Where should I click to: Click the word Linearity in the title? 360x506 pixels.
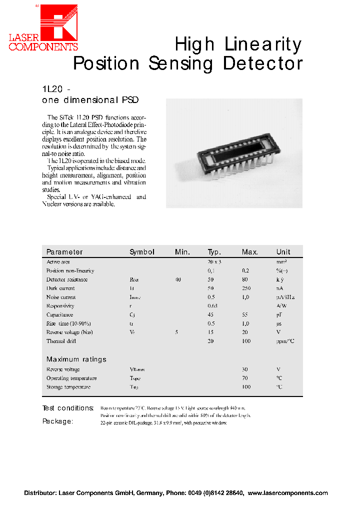pyautogui.click(x=262, y=45)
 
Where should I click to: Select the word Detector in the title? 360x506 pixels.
pyautogui.click(x=262, y=64)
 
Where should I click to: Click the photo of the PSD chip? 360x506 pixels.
pyautogui.click(x=234, y=153)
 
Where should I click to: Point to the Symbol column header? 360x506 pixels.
pyautogui.click(x=142, y=252)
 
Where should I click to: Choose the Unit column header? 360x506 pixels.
pyautogui.click(x=283, y=252)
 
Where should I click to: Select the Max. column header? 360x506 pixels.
pyautogui.click(x=249, y=252)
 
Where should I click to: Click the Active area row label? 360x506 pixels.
pyautogui.click(x=58, y=262)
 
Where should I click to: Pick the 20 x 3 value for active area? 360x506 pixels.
pyautogui.click(x=214, y=262)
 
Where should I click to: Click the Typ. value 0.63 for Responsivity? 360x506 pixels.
pyautogui.click(x=212, y=306)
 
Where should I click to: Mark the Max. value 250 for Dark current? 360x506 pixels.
pyautogui.click(x=246, y=288)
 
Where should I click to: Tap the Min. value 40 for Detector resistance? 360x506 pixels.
pyautogui.click(x=178, y=279)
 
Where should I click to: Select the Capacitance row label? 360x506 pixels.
pyautogui.click(x=59, y=315)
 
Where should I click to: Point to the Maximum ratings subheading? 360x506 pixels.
pyautogui.click(x=76, y=359)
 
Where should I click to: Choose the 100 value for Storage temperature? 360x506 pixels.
pyautogui.click(x=246, y=387)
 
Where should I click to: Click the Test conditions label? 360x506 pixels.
pyautogui.click(x=68, y=408)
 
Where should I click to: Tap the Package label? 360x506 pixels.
pyautogui.click(x=57, y=421)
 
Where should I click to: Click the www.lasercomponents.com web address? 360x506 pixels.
pyautogui.click(x=288, y=493)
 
